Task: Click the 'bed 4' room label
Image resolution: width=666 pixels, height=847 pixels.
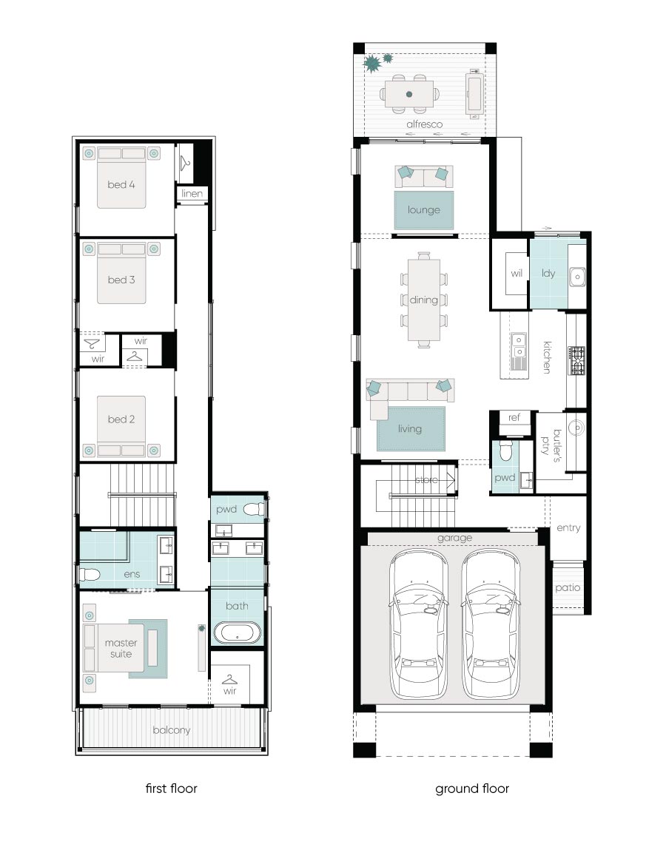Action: click(121, 185)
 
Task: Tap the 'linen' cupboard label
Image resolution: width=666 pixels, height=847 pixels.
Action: click(192, 193)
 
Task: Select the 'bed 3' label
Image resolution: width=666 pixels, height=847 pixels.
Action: click(121, 280)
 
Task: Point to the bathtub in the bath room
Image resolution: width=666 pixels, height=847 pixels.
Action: click(238, 632)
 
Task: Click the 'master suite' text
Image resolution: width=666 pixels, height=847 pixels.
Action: click(121, 648)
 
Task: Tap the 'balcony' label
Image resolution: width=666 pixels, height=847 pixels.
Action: click(172, 730)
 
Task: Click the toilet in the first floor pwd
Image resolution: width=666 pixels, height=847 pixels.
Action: click(254, 509)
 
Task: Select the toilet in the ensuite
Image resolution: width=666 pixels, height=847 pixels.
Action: click(90, 574)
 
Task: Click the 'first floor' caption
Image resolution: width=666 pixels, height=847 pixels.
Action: click(172, 789)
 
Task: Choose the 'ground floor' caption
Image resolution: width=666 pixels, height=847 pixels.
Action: click(472, 789)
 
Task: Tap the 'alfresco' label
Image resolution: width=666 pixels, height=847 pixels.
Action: click(424, 124)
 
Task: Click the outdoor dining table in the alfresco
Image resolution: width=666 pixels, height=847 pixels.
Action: click(409, 94)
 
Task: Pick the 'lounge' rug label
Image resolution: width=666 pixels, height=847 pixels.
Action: click(424, 210)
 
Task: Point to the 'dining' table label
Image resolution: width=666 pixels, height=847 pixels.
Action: click(424, 300)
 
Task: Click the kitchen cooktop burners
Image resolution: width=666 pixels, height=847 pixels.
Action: click(576, 361)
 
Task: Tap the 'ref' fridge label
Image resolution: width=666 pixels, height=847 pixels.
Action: click(514, 417)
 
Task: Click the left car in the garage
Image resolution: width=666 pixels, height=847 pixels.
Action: click(418, 624)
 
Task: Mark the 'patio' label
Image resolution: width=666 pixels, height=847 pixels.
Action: click(568, 587)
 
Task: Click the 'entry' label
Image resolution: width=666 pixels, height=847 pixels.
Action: click(568, 527)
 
